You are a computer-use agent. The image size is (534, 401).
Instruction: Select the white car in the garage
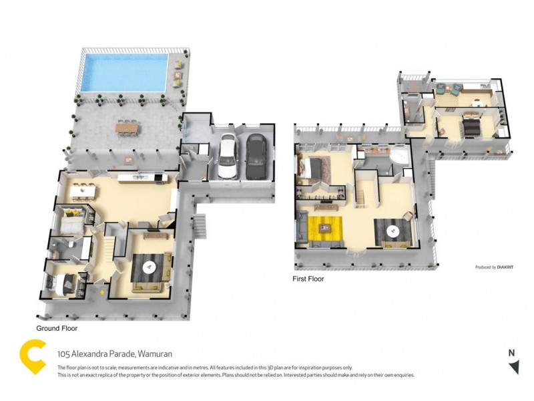click(x=228, y=156)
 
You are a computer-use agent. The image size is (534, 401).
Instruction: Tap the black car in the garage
click(x=255, y=158)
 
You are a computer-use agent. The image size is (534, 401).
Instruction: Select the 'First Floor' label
click(x=308, y=279)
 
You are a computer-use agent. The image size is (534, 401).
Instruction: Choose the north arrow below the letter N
click(x=513, y=367)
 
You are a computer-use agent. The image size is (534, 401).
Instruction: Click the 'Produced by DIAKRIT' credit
click(x=495, y=267)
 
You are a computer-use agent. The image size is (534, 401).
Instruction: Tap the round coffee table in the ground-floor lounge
click(x=150, y=267)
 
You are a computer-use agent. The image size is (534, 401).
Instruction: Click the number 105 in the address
click(x=64, y=354)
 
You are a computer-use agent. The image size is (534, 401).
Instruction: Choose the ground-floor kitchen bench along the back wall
click(x=140, y=178)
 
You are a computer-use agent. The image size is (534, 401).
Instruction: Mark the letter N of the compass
click(x=511, y=354)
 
